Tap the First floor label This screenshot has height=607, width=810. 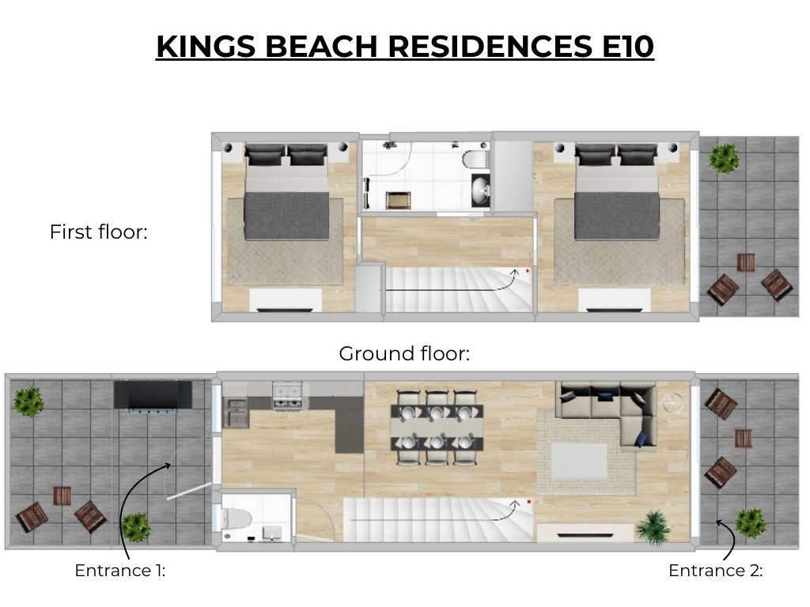(x=99, y=232)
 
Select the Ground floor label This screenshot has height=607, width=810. (x=404, y=353)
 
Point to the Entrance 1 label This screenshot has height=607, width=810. (x=120, y=571)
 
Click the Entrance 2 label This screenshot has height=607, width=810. (x=715, y=571)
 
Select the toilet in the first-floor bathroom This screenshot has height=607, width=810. (x=475, y=159)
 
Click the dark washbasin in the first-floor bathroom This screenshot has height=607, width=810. (x=481, y=190)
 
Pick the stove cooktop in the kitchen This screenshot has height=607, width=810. (x=286, y=395)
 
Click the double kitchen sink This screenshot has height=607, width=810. (x=236, y=413)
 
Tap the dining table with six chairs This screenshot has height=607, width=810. (x=437, y=428)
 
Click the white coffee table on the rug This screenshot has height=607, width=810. (x=578, y=461)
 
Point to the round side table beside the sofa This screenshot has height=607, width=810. (x=673, y=402)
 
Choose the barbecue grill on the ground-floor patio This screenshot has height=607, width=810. (x=153, y=397)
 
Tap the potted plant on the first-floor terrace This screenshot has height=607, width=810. (x=723, y=157)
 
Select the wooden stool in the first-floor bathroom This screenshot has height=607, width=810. (x=399, y=200)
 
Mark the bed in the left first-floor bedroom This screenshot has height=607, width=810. (x=286, y=192)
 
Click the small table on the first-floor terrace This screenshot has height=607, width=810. (x=745, y=262)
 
